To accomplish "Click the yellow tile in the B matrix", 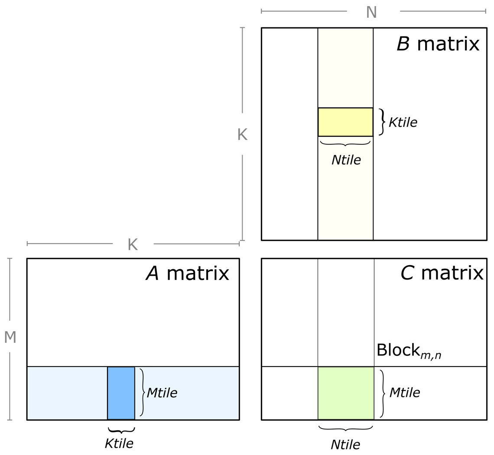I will [x=345, y=122].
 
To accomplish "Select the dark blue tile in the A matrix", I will [x=121, y=393].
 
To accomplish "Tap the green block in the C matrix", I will [x=346, y=393].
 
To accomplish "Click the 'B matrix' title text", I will [x=438, y=44].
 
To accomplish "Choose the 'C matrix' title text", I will [x=441, y=273].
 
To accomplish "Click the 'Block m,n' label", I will [x=409, y=350].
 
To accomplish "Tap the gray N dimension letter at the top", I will [x=371, y=12].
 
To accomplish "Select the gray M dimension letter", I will [x=10, y=337].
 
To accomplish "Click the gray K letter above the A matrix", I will [x=133, y=244].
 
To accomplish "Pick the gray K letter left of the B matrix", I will [x=242, y=134].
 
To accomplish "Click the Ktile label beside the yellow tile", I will [x=403, y=122].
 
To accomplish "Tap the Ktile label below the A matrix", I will [x=119, y=443].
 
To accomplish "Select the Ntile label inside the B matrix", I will [x=346, y=159].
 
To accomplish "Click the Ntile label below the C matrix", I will [x=345, y=444].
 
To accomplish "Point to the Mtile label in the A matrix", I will [x=162, y=392].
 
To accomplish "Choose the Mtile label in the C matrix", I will [x=404, y=392].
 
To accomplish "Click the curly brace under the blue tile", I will [x=121, y=430].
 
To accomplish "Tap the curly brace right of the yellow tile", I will [x=382, y=122].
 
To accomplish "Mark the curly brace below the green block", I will [x=345, y=429].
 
